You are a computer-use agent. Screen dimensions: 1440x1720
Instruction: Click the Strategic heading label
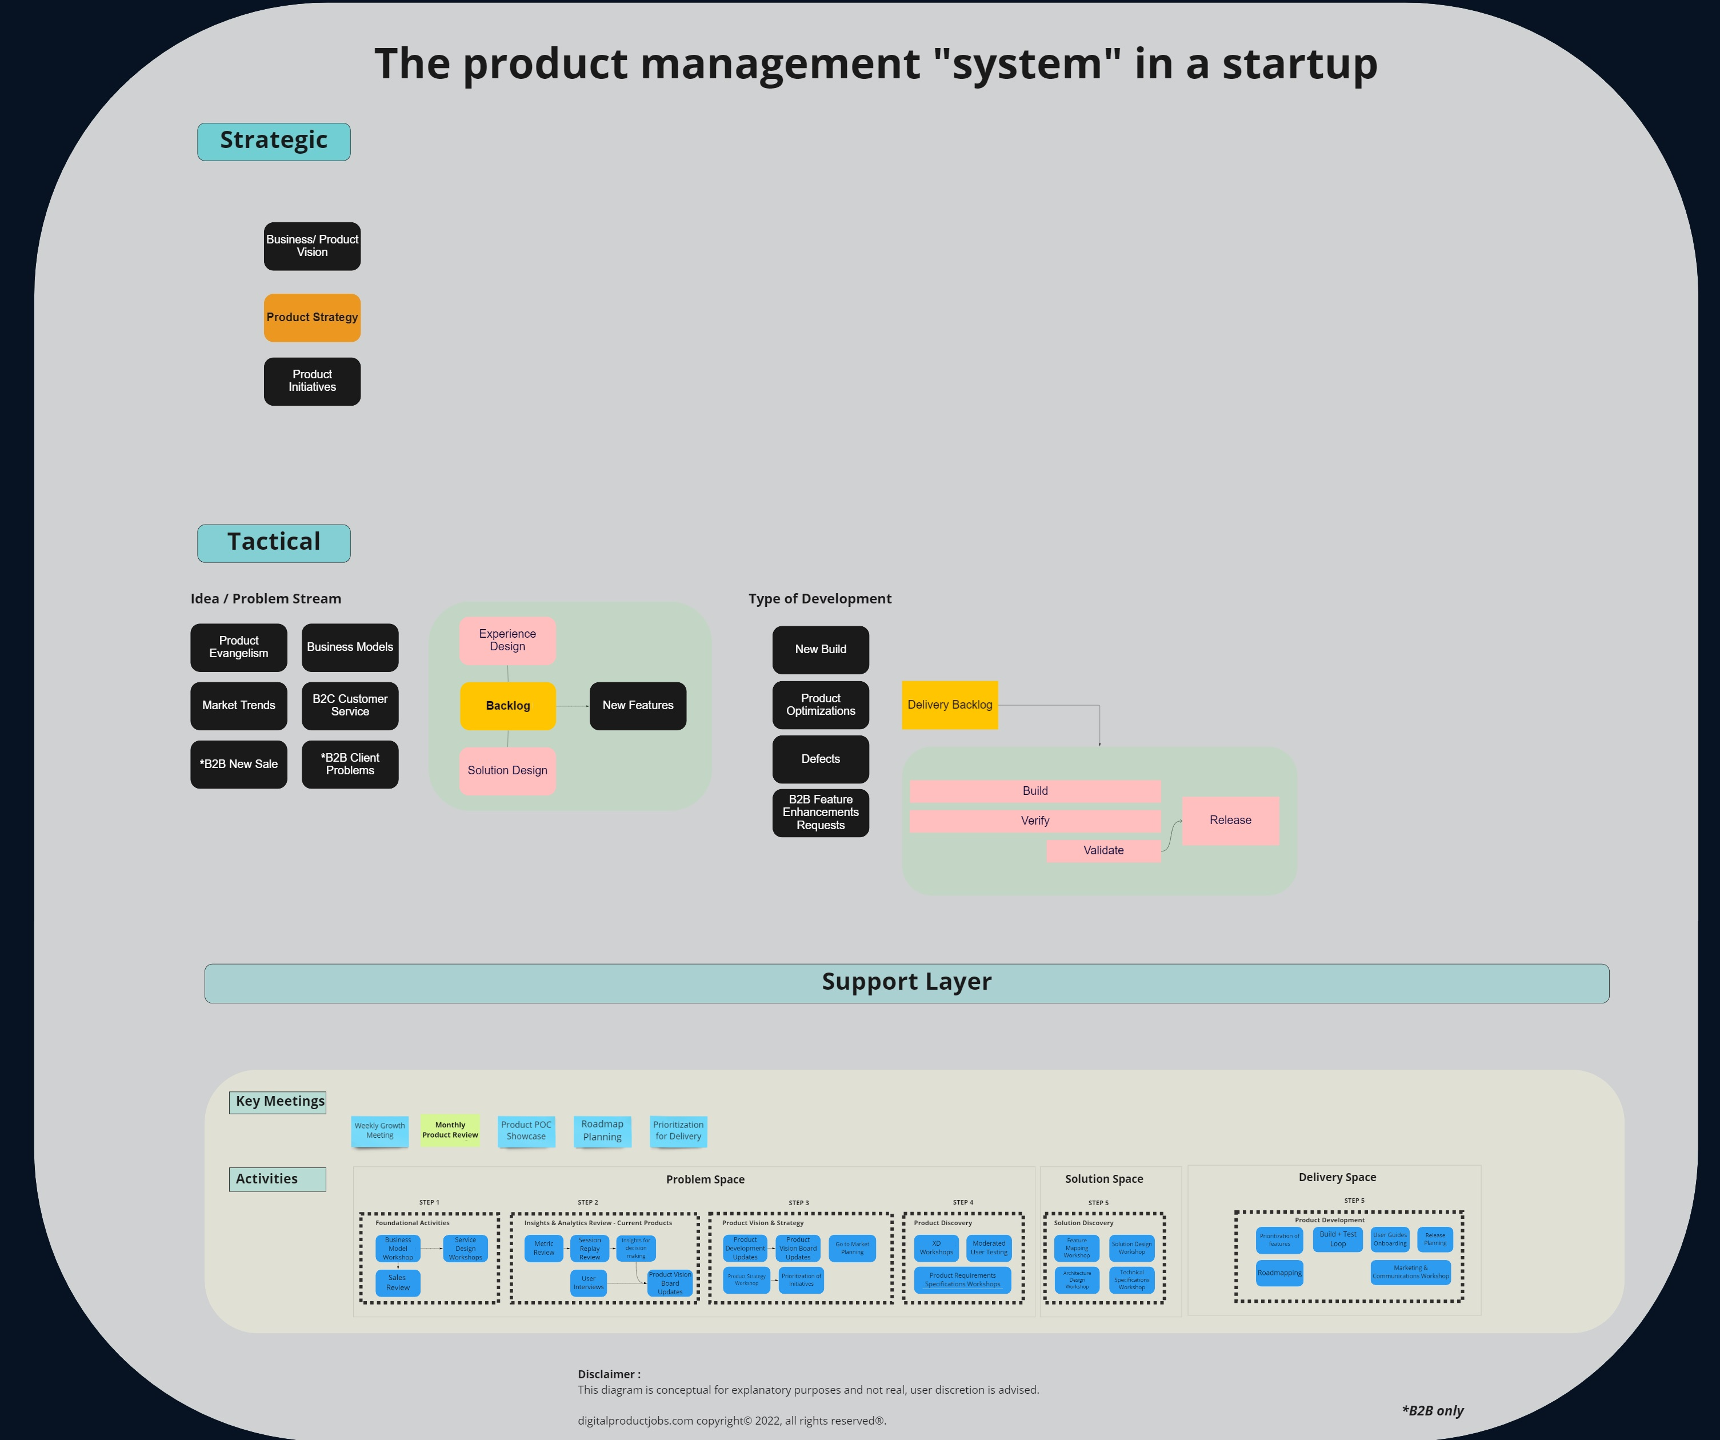[274, 141]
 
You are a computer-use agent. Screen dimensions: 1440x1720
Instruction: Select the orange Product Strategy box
[312, 318]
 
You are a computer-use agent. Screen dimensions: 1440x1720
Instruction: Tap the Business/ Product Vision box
[312, 246]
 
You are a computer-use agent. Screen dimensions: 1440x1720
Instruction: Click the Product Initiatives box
[312, 381]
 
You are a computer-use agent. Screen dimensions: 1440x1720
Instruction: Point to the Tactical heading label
[274, 542]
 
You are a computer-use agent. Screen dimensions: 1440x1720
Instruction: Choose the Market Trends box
[238, 705]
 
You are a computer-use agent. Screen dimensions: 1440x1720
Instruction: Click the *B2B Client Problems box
[350, 764]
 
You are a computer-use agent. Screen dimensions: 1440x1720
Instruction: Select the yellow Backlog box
[508, 705]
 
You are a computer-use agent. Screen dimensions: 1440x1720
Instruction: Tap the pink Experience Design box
[508, 641]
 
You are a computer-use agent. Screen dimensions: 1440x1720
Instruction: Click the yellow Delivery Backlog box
[949, 705]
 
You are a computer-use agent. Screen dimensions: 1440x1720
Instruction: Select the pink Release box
[1230, 820]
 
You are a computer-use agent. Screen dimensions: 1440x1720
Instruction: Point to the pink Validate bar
[1103, 850]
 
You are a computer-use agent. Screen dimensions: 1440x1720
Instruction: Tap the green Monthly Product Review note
[450, 1130]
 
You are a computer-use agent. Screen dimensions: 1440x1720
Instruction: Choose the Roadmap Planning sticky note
[602, 1130]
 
